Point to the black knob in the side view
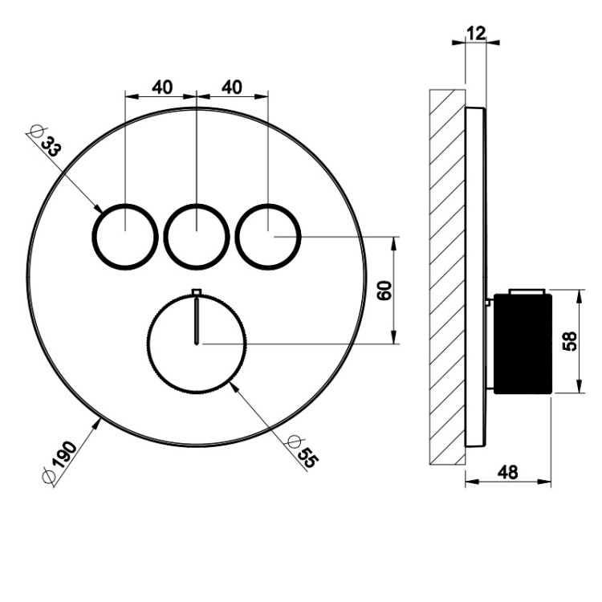coord(523,344)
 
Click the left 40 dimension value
coord(162,87)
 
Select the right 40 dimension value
coord(232,87)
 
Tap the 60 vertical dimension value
coord(384,291)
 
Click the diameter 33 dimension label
coord(46,142)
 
